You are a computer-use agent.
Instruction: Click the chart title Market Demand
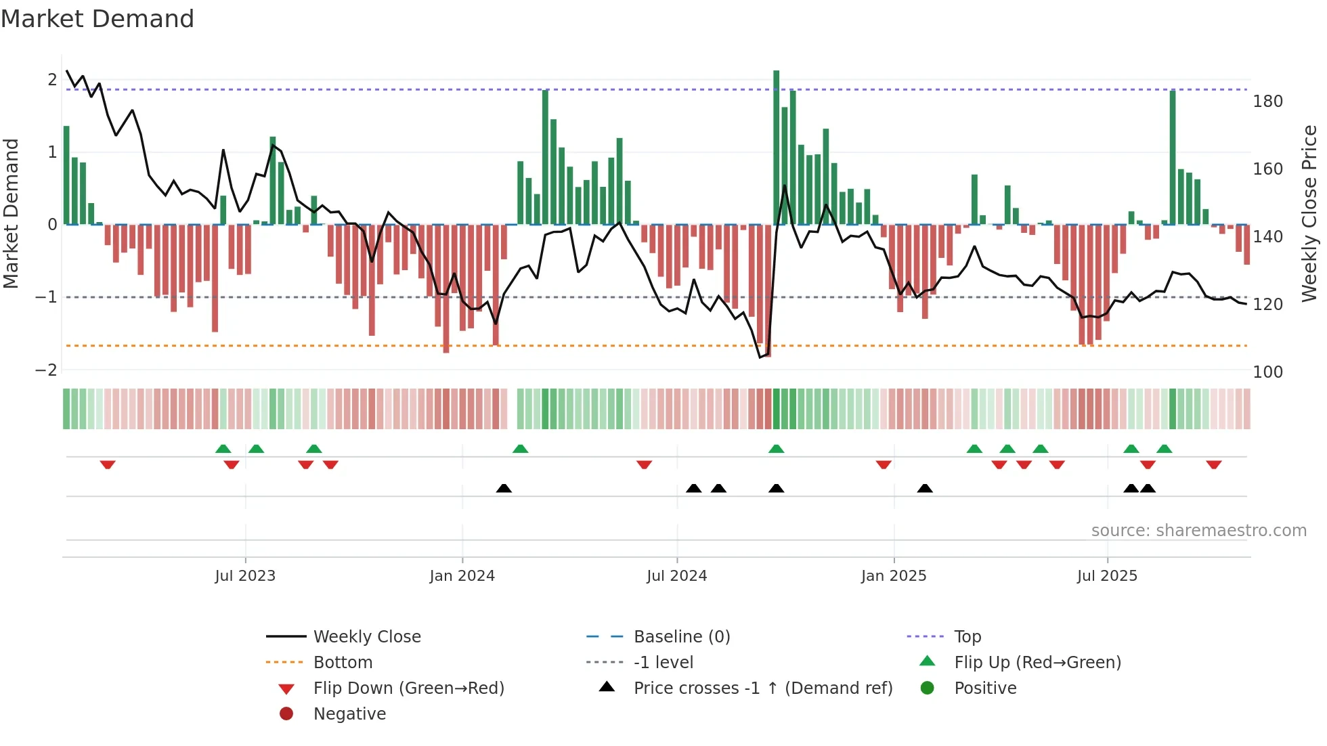point(97,19)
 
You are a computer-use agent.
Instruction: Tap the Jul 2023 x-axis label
point(245,576)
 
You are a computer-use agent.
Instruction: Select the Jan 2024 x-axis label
point(462,576)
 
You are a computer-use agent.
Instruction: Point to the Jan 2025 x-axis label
point(894,576)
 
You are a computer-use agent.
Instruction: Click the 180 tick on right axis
point(1267,102)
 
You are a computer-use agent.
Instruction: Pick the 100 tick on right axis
point(1267,372)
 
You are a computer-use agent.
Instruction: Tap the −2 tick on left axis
point(46,370)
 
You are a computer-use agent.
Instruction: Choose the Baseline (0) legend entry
point(682,637)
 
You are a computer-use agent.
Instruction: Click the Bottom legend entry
point(343,663)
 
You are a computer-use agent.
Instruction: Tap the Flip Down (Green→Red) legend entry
point(408,688)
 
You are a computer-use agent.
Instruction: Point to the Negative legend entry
point(349,714)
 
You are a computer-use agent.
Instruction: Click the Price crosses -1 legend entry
point(763,688)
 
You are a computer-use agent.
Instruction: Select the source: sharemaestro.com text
point(1198,531)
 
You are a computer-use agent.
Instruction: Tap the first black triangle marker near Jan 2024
point(504,488)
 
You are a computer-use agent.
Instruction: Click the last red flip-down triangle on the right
point(1213,464)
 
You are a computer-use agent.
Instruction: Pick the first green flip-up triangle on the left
point(223,449)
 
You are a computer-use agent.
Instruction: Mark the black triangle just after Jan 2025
point(925,488)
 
